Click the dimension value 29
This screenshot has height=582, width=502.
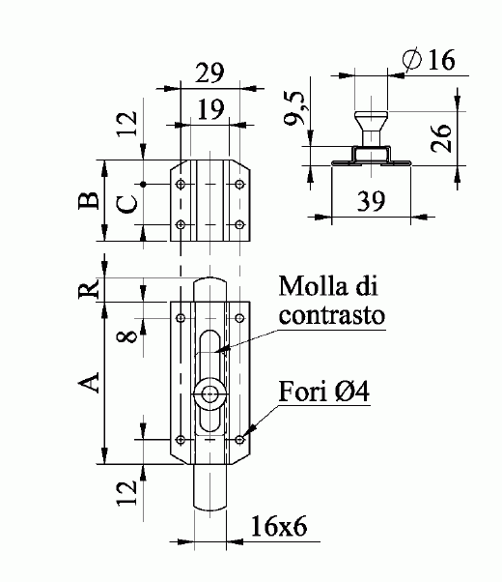[x=209, y=73]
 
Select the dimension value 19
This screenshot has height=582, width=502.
[x=211, y=109]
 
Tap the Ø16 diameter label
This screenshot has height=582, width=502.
[x=429, y=59]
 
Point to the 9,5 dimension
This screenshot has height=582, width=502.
[x=294, y=108]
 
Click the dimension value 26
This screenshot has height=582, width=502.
[x=441, y=138]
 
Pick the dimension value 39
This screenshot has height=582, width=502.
[x=371, y=201]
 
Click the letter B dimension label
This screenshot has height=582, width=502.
[x=89, y=200]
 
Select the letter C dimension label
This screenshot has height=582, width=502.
[x=127, y=205]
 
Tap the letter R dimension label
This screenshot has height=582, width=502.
[x=89, y=288]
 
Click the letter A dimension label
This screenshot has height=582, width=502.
[x=89, y=383]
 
